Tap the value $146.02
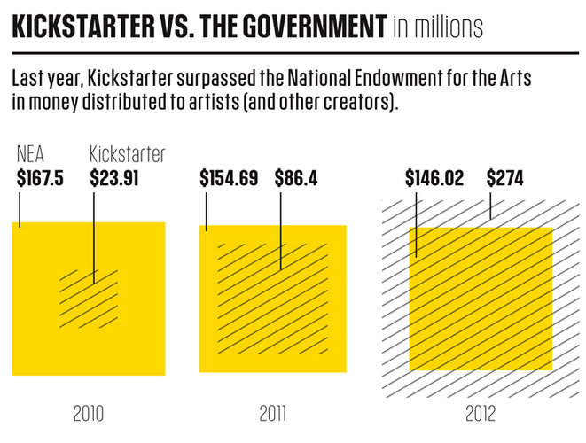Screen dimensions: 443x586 point(434,177)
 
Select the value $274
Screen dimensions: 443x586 point(504,177)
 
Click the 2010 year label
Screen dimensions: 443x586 point(90,414)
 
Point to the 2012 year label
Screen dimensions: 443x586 point(481,414)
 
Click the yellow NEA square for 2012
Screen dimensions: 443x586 point(481,298)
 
